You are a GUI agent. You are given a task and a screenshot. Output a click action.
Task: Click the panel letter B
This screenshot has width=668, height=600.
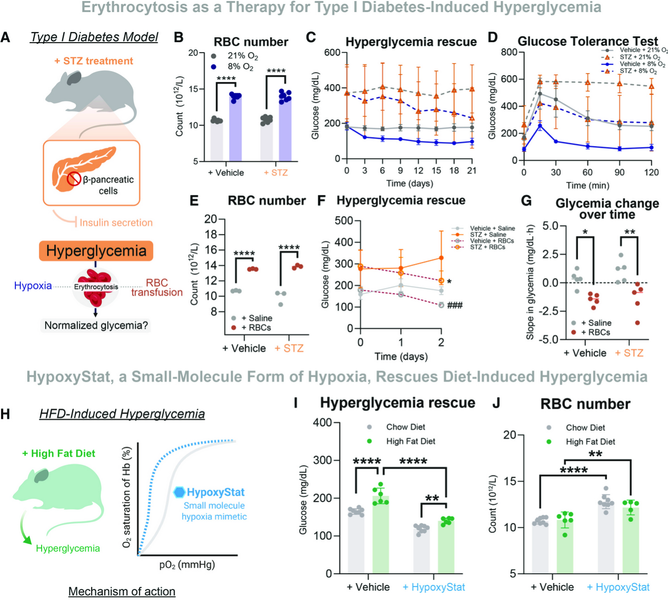(179, 38)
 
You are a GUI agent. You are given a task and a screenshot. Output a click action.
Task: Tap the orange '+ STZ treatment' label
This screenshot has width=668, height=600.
(94, 61)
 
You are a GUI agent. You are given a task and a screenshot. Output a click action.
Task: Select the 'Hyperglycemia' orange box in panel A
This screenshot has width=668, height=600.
(95, 251)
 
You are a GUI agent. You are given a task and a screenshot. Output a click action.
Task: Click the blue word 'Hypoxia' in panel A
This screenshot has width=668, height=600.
(33, 286)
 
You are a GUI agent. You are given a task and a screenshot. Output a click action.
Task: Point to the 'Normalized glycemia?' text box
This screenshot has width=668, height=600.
(96, 326)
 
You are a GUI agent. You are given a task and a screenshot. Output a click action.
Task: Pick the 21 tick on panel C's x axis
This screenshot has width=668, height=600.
(472, 170)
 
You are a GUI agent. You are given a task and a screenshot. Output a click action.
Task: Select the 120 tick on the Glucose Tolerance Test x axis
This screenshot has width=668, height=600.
(651, 172)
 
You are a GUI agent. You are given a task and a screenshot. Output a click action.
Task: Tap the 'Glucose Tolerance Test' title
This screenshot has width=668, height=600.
(587, 42)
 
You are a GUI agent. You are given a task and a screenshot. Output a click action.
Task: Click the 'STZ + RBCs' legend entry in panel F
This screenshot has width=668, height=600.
(487, 247)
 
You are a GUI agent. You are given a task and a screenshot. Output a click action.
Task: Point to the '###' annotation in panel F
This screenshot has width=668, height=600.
(455, 306)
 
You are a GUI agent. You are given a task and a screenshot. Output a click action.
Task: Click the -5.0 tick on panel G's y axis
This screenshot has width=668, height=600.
(547, 340)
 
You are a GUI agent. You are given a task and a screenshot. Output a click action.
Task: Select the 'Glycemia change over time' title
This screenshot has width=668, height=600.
(607, 209)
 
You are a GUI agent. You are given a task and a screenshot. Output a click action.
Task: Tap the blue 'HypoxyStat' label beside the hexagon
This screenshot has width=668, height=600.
(215, 492)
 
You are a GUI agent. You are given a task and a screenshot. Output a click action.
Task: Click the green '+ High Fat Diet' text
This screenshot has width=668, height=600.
(58, 453)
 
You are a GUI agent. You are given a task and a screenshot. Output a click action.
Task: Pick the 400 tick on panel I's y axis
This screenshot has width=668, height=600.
(322, 422)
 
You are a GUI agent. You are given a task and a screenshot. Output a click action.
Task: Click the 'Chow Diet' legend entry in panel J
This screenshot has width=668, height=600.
(585, 428)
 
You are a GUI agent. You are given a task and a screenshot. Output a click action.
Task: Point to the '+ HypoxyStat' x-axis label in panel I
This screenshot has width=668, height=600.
(433, 587)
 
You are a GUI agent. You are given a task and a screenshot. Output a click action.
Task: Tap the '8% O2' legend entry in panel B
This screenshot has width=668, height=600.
(240, 67)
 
